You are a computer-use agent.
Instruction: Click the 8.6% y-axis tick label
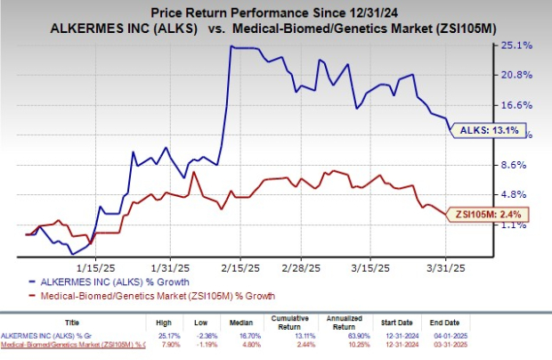pyautogui.click(x=515, y=165)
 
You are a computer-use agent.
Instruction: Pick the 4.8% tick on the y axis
pyautogui.click(x=515, y=195)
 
